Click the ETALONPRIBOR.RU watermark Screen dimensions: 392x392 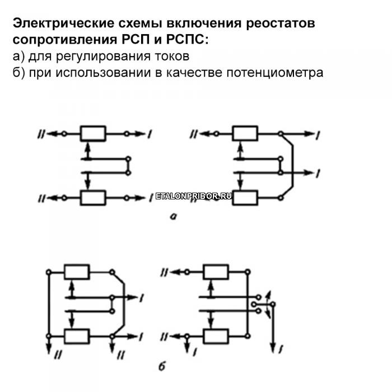[193, 197]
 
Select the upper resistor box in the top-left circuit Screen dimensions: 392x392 [93, 134]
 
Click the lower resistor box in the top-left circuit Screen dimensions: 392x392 [93, 197]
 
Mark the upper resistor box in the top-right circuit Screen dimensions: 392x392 [245, 134]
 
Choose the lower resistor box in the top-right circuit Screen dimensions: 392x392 [245, 198]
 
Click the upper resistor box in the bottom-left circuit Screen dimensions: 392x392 [77, 272]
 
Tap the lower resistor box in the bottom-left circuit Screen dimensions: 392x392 [77, 336]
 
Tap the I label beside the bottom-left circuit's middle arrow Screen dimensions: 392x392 [143, 296]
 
